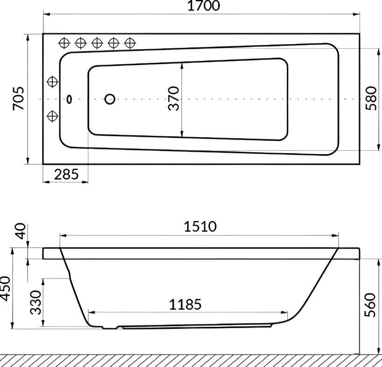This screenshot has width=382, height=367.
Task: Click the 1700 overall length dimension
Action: [204, 6]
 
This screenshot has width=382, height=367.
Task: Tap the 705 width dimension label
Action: [19, 98]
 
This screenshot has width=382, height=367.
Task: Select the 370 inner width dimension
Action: [174, 98]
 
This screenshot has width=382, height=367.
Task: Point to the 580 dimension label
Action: [371, 98]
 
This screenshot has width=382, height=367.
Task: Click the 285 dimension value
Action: [66, 174]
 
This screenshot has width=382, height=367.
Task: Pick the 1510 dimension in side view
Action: [200, 227]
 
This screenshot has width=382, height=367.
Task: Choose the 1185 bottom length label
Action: [185, 304]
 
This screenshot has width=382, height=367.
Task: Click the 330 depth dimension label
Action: [35, 302]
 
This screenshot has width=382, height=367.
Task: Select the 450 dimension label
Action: [5, 288]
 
